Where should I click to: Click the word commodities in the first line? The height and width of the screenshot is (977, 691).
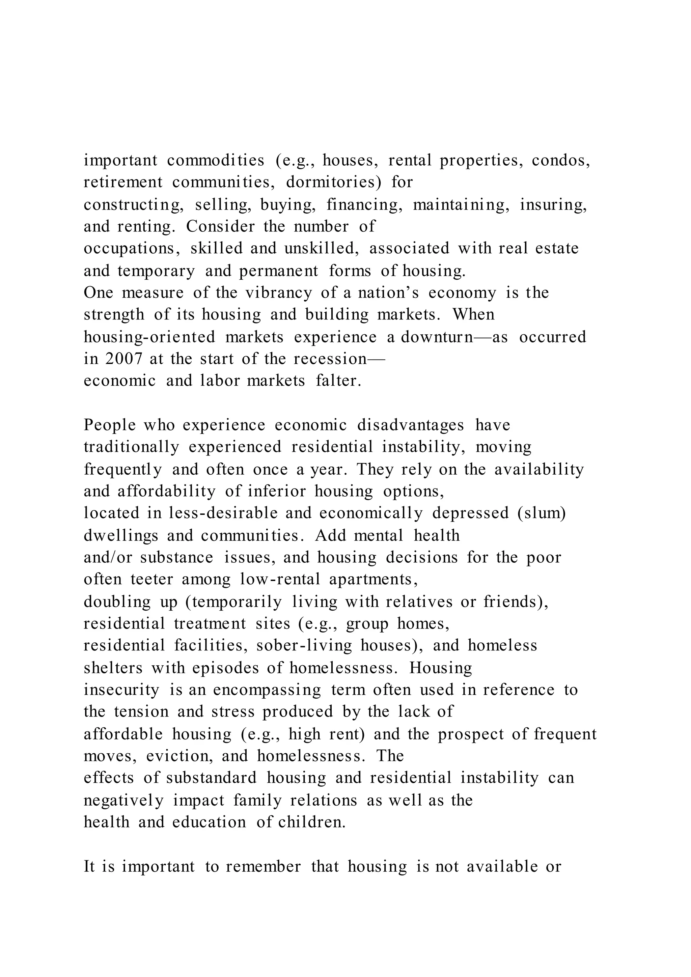(215, 161)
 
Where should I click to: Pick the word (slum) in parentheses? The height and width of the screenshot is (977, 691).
(542, 513)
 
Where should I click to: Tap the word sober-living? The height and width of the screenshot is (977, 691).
(304, 645)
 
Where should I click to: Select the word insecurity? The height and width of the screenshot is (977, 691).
(121, 689)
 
